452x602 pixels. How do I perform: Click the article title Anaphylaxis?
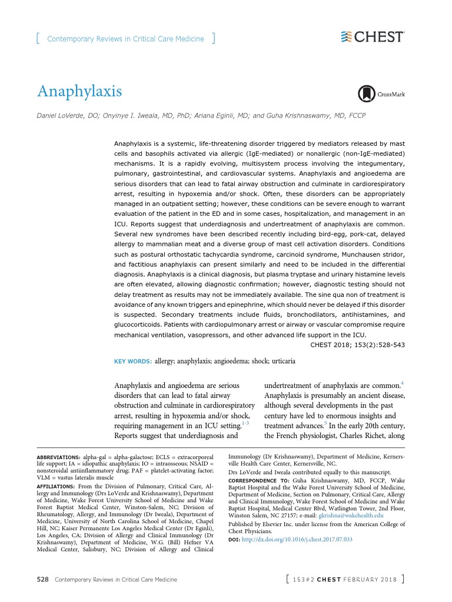[79, 92]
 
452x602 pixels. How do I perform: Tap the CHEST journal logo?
[373, 37]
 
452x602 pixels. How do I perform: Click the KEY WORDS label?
[132, 362]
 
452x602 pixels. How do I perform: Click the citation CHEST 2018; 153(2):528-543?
[357, 345]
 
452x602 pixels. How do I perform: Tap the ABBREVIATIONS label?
[58, 457]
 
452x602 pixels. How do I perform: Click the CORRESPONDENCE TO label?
[256, 480]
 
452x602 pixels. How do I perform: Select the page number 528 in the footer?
[42, 580]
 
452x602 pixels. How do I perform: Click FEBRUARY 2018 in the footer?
[373, 580]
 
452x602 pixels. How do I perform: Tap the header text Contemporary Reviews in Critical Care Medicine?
[125, 39]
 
